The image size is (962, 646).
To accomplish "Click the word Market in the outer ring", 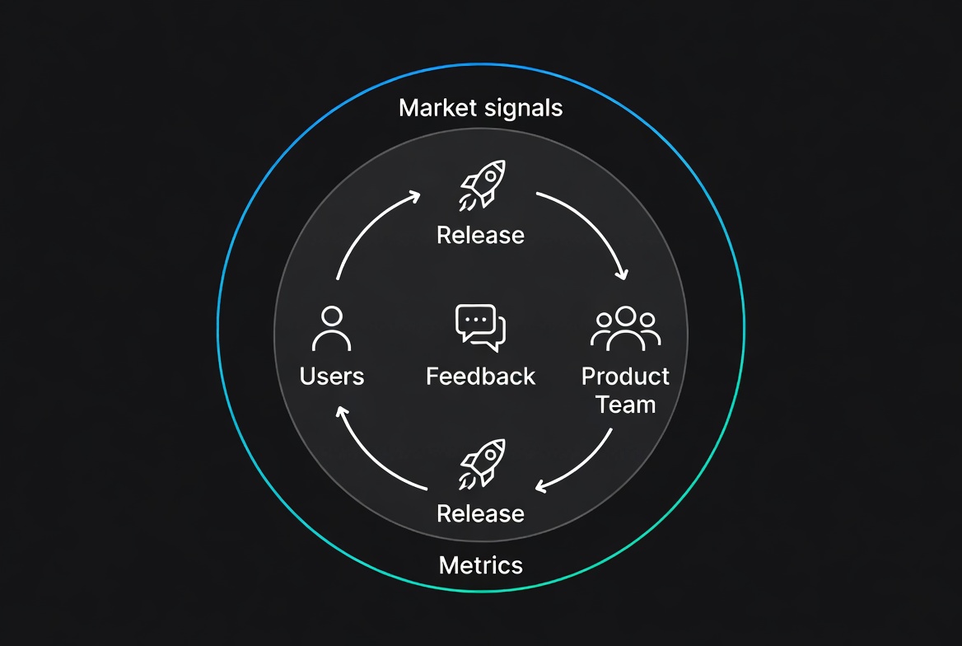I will (437, 107).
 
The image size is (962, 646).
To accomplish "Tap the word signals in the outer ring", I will (524, 108).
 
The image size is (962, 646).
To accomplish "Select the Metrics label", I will (481, 565).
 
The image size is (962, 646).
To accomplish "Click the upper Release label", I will (480, 235).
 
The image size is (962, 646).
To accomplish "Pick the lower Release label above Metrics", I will (480, 513).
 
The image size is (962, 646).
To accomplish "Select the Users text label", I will (332, 377).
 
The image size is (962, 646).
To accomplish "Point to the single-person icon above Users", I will (332, 329).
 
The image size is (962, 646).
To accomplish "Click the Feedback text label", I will (481, 377).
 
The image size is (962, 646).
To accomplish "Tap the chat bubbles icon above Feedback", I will (481, 327).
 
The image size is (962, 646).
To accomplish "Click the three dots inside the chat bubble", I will (476, 319).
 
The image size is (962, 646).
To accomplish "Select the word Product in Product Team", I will (626, 377).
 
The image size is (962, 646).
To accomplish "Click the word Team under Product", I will (626, 405).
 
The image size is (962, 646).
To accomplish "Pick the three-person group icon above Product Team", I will (626, 327).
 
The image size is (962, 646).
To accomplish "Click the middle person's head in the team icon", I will (626, 316).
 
